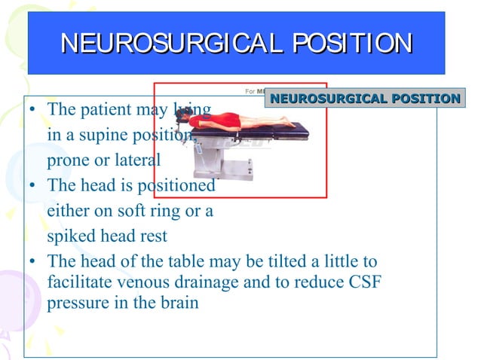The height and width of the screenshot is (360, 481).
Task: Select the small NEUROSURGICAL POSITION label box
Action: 365,99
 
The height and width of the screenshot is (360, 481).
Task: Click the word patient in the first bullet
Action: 102,110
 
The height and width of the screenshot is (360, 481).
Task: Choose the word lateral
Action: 136,160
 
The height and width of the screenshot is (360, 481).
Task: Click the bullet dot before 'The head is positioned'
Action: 33,186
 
